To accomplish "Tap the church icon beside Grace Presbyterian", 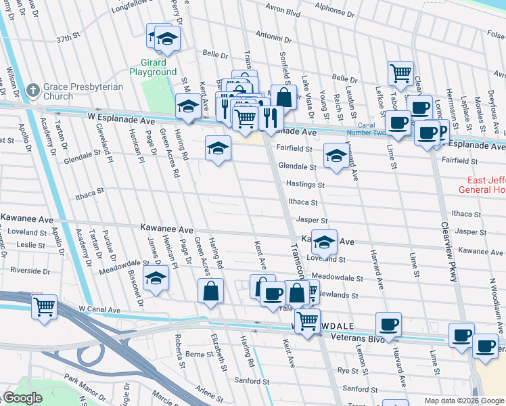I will (32, 91).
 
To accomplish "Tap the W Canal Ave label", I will (99, 309).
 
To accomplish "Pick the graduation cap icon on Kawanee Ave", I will (325, 242).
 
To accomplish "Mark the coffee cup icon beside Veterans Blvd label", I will (388, 324).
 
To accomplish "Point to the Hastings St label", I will (306, 184).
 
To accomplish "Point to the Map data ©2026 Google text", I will (463, 401).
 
